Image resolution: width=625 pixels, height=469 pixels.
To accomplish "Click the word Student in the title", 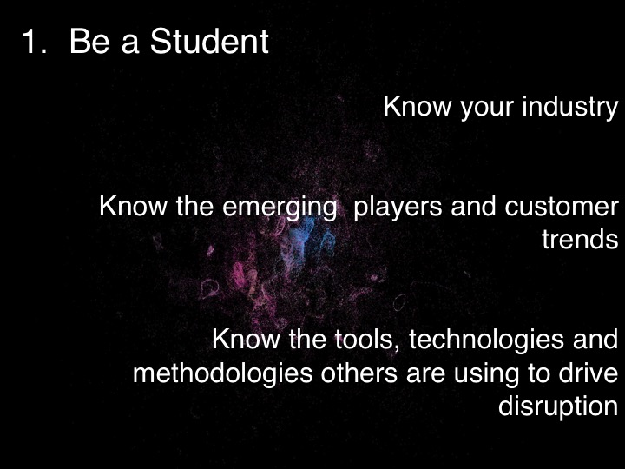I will tap(209, 42).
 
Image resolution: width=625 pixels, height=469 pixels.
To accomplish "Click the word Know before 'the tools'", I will tap(243, 339).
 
